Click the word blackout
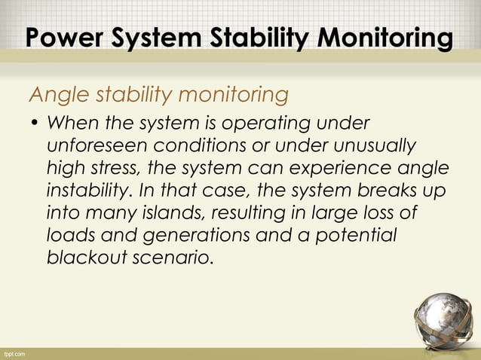pos(83,256)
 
